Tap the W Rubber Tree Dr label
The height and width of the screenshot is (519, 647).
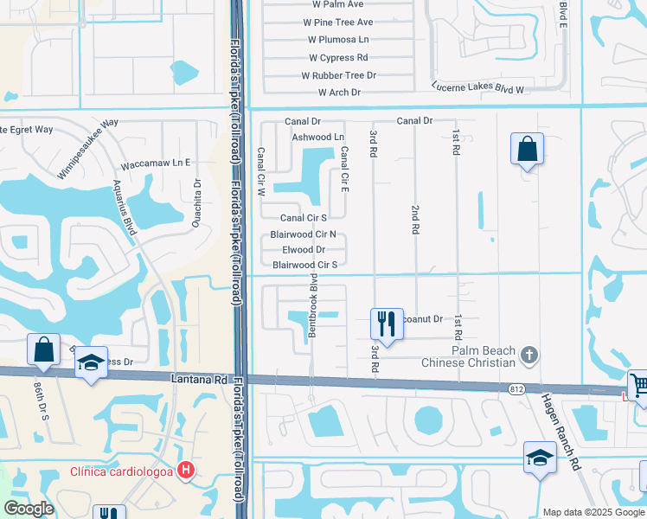[339, 75]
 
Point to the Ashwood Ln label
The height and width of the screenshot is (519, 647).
[317, 137]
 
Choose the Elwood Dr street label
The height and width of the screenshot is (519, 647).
[298, 249]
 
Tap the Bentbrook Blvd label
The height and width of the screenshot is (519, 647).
[313, 307]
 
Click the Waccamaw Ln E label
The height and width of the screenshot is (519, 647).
[157, 163]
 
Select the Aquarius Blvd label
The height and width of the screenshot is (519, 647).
[125, 207]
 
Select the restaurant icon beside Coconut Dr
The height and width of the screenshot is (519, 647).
[387, 324]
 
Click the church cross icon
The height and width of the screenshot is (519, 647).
[529, 353]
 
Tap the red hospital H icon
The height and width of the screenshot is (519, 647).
[184, 471]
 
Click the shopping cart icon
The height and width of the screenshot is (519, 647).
[638, 385]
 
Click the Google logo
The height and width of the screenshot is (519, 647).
[29, 508]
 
